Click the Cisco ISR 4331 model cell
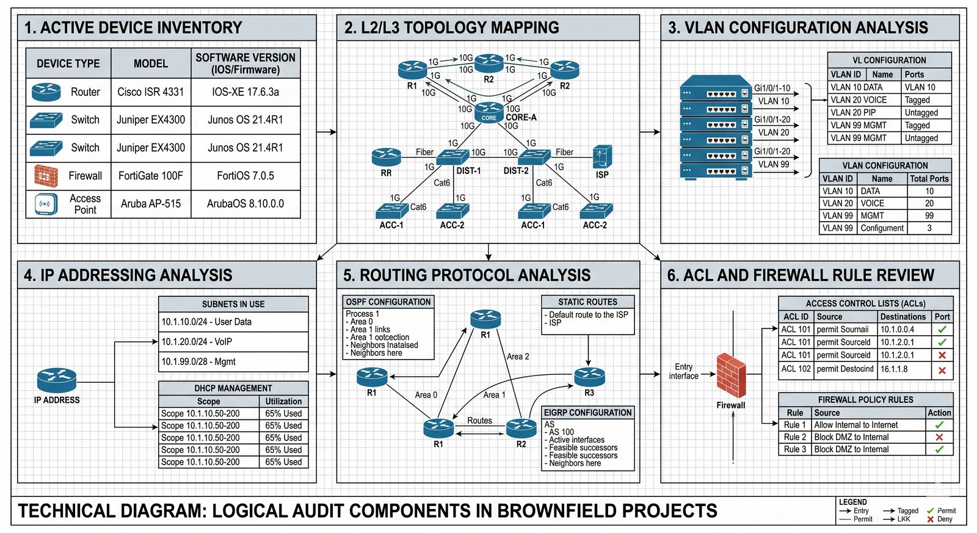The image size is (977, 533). click(x=150, y=92)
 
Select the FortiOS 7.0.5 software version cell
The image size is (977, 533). click(x=245, y=176)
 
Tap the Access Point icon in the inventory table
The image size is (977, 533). click(x=46, y=204)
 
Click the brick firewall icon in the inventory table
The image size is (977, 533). click(x=46, y=176)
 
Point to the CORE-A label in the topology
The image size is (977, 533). click(x=521, y=117)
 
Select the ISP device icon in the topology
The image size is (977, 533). click(x=602, y=157)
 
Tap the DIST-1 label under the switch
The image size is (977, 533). click(x=468, y=171)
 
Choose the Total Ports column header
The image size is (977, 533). click(x=929, y=179)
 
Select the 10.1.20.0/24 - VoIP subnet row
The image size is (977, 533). click(x=233, y=342)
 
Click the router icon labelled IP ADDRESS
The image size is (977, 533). click(x=56, y=380)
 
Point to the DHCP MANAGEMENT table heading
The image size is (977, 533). click(x=233, y=388)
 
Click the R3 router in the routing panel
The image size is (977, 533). click(x=589, y=377)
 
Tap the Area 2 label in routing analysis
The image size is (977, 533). click(x=518, y=357)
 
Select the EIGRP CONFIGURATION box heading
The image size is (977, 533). click(x=587, y=413)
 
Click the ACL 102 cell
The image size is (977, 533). click(x=796, y=369)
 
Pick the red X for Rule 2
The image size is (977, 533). click(x=939, y=437)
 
